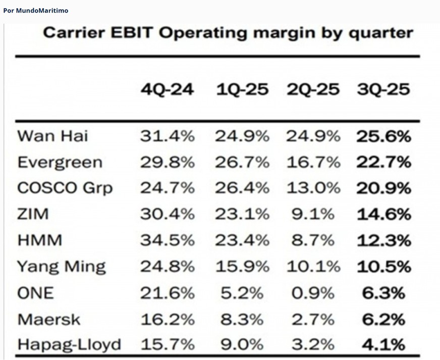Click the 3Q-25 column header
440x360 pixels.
click(383, 90)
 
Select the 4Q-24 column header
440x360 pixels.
click(168, 90)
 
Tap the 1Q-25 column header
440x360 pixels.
click(242, 90)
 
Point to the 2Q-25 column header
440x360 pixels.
click(313, 90)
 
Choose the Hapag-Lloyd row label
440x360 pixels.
click(69, 345)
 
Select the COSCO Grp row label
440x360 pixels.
click(65, 188)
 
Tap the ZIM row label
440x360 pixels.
click(33, 215)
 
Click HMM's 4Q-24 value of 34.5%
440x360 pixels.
click(168, 241)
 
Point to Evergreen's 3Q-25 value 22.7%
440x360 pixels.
click(383, 163)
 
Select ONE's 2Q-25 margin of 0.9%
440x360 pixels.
click(313, 293)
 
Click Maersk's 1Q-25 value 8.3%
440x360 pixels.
click(242, 319)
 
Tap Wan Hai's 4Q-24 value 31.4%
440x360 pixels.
click(168, 136)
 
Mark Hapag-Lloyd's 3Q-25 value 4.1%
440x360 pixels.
click(383, 345)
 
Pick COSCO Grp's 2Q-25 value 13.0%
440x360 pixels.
click(313, 188)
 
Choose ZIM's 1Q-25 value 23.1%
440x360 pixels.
click(242, 215)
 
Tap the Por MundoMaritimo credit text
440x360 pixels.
click(35, 10)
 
